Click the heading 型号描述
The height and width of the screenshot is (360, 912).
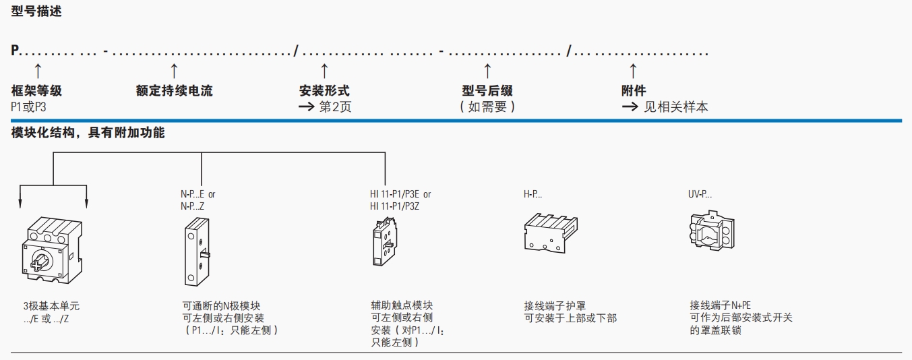(x=36, y=11)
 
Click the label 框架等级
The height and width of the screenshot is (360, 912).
(x=36, y=91)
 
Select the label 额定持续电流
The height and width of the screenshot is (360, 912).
(x=174, y=91)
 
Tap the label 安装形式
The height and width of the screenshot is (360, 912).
(x=324, y=91)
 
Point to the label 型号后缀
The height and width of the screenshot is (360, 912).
(x=487, y=91)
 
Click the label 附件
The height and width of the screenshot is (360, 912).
(x=633, y=91)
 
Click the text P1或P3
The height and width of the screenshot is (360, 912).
(x=29, y=107)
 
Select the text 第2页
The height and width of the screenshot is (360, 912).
(x=335, y=107)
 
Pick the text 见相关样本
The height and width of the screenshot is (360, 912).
(x=675, y=107)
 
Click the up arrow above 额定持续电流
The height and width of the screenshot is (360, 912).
(x=174, y=69)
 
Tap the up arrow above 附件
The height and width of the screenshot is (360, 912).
(x=633, y=69)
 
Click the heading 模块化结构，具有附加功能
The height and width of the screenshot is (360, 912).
(x=88, y=133)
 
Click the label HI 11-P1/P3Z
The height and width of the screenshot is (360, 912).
(x=394, y=207)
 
